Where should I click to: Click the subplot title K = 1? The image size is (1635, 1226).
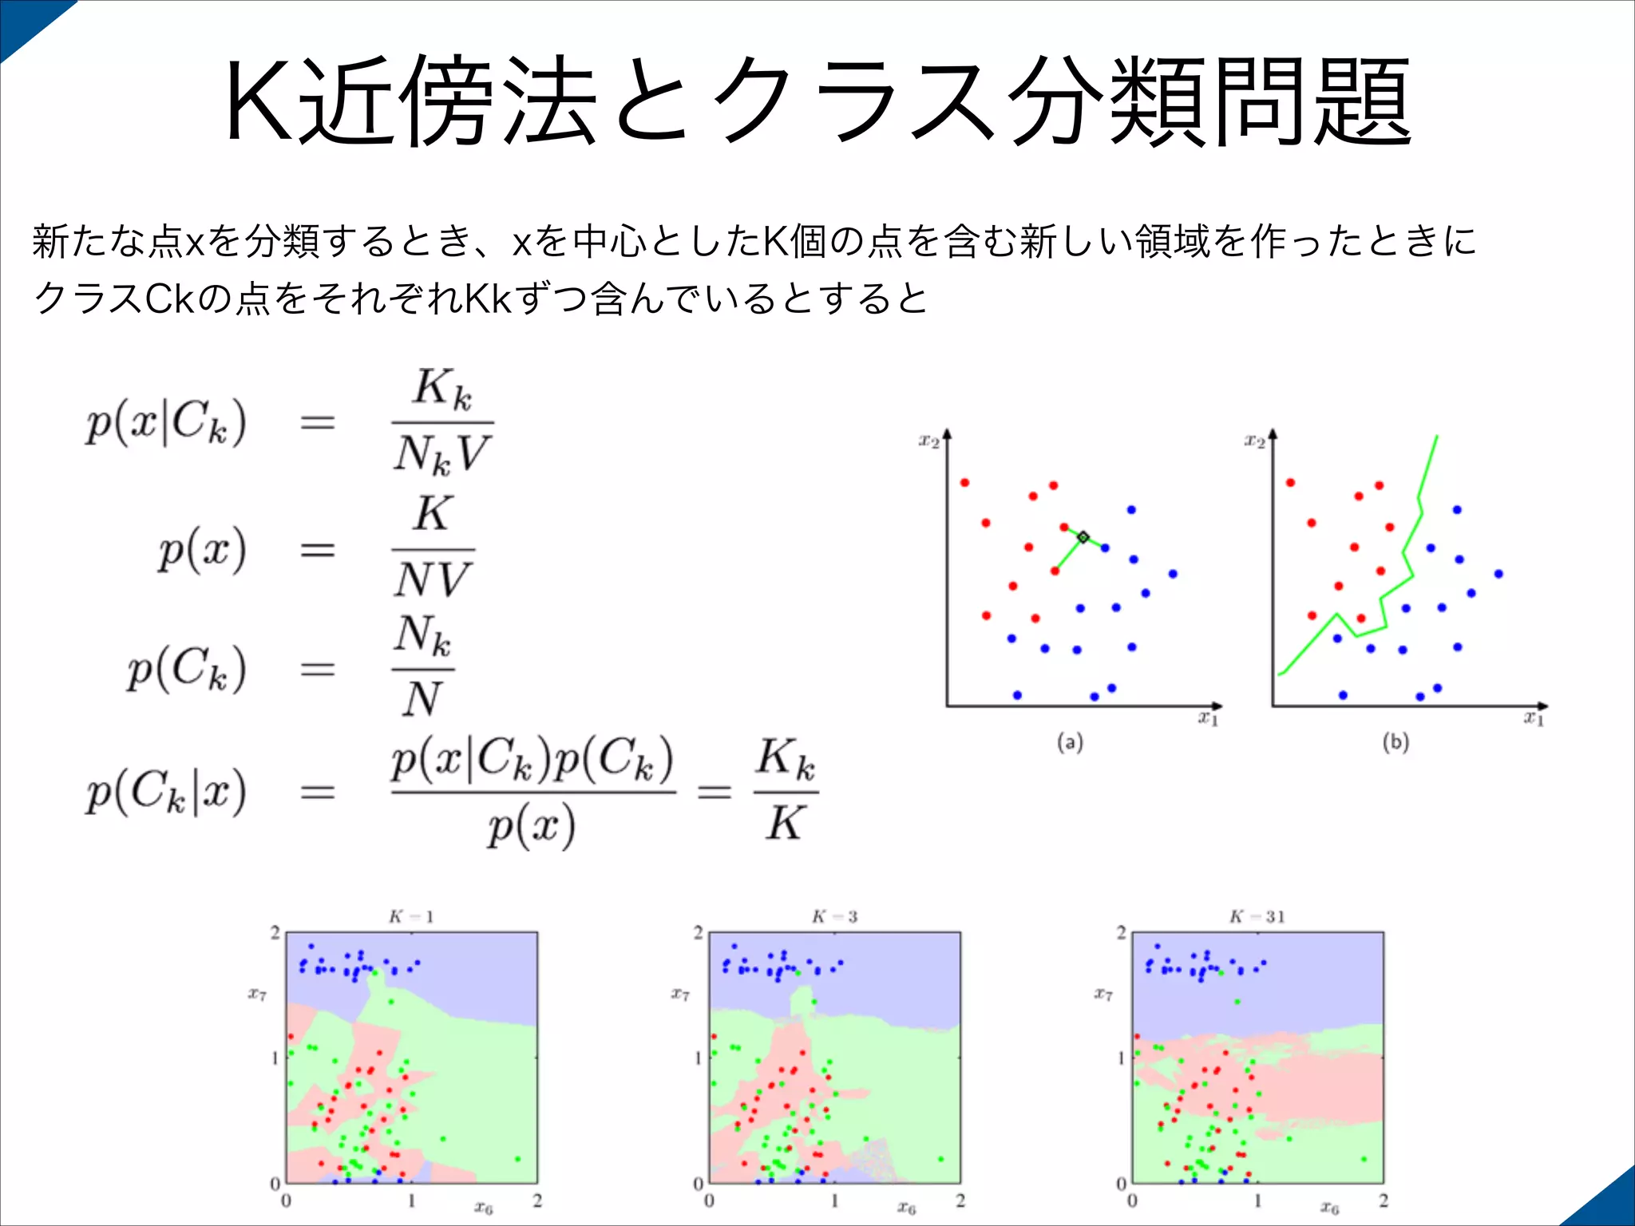pyautogui.click(x=411, y=916)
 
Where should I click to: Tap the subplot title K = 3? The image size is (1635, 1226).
pyautogui.click(x=834, y=916)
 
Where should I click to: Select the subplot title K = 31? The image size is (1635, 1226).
pyautogui.click(x=1257, y=916)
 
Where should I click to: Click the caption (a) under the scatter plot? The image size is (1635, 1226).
pyautogui.click(x=1070, y=743)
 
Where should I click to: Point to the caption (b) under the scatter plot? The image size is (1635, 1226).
pyautogui.click(x=1395, y=743)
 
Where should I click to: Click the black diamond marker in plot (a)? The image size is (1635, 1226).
pyautogui.click(x=1083, y=537)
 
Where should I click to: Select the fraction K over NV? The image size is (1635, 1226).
pyautogui.click(x=433, y=549)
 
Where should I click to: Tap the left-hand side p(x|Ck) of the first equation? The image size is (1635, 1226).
pyautogui.click(x=166, y=423)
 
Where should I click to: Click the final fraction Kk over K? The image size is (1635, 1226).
pyautogui.click(x=786, y=791)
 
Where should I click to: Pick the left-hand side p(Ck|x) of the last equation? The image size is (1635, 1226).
pyautogui.click(x=166, y=793)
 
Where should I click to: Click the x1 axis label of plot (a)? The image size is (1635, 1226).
pyautogui.click(x=1208, y=718)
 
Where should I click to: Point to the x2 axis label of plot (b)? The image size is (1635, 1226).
pyautogui.click(x=1254, y=441)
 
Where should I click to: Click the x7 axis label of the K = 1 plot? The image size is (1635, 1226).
pyautogui.click(x=257, y=995)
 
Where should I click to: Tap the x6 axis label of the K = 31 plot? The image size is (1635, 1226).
pyautogui.click(x=1329, y=1207)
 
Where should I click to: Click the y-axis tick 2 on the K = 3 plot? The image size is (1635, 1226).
pyautogui.click(x=699, y=932)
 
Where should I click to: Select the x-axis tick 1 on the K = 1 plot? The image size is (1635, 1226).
pyautogui.click(x=412, y=1200)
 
